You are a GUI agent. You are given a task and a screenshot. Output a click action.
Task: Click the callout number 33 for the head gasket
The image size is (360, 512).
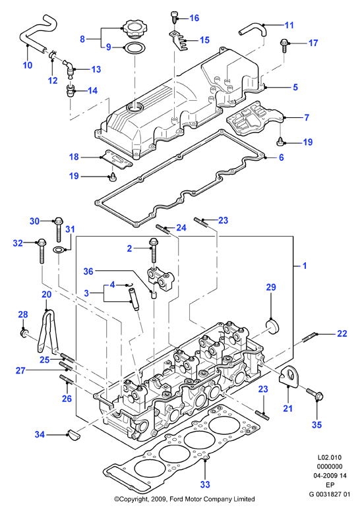pyautogui.click(x=205, y=484)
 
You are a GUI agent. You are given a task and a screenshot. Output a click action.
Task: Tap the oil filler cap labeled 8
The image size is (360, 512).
pyautogui.click(x=133, y=30)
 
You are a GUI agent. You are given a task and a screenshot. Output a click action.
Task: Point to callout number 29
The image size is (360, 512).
pyautogui.click(x=271, y=287)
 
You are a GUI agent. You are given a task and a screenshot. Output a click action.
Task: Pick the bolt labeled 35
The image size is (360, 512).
pyautogui.click(x=315, y=395)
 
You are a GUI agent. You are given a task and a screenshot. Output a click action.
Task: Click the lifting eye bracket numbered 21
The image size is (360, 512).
pyautogui.click(x=288, y=375)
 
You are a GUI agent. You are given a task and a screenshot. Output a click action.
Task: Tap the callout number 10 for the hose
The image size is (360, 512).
pyautogui.click(x=28, y=65)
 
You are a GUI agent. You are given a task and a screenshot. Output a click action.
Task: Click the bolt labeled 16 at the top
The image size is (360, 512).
pyautogui.click(x=174, y=17)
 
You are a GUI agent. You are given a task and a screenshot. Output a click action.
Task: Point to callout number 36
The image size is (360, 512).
pyautogui.click(x=88, y=271)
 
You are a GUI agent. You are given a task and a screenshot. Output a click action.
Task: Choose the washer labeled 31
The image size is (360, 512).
pyautogui.click(x=59, y=250)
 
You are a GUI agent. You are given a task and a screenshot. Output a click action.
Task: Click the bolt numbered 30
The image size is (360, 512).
pyautogui.click(x=59, y=230)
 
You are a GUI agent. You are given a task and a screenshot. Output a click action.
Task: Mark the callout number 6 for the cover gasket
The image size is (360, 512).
pyautogui.click(x=281, y=157)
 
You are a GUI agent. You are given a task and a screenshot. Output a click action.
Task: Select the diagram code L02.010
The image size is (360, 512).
pyautogui.click(x=330, y=457)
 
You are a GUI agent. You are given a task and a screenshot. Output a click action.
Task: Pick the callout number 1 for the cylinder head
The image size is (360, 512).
pyautogui.click(x=305, y=266)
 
